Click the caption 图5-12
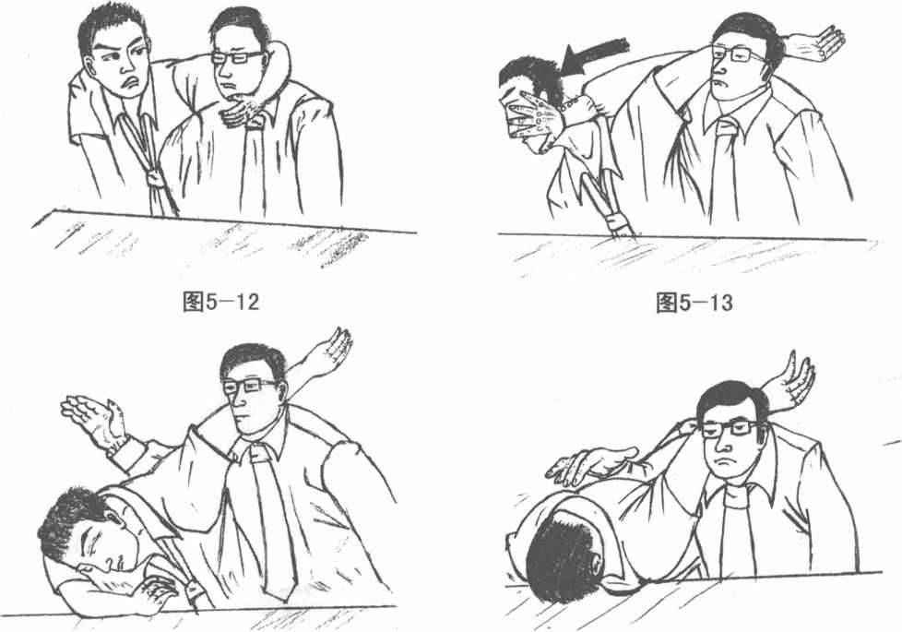(221, 301)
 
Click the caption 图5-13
(694, 302)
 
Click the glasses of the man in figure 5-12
(236, 57)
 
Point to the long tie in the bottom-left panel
(270, 518)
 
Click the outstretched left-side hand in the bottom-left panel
(95, 419)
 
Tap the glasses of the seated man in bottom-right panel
(729, 428)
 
